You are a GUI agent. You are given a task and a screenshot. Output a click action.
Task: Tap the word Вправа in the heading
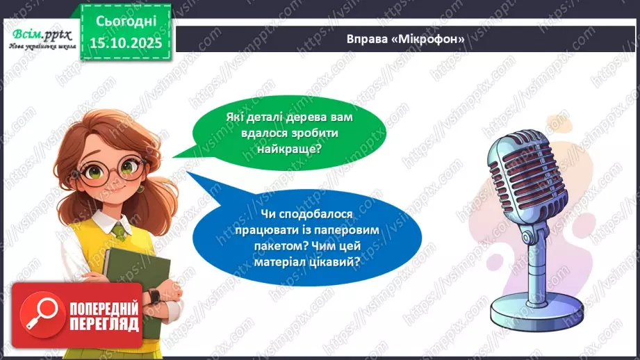click(x=366, y=40)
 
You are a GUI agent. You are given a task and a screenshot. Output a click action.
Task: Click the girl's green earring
click(x=140, y=188)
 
